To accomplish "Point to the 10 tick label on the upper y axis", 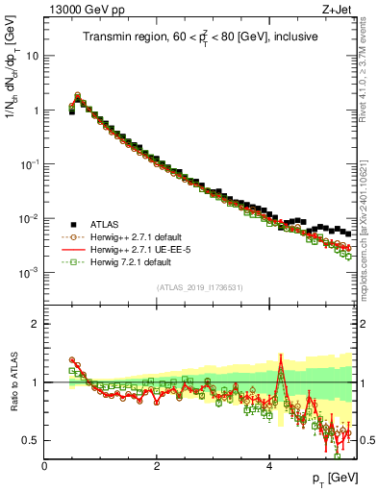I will (x=32, y=56).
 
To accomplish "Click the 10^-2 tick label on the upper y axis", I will (x=30, y=219).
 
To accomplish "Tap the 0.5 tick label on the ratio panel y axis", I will (x=31, y=441).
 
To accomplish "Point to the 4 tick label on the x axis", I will (x=268, y=466).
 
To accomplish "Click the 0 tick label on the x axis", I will (x=44, y=466).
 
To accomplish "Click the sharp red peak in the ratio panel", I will (x=280, y=357).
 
